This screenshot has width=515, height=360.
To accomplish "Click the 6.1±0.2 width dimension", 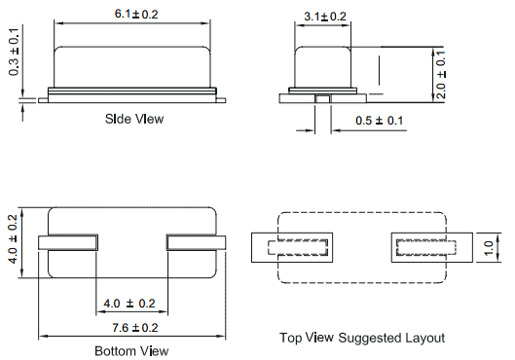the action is [136, 15].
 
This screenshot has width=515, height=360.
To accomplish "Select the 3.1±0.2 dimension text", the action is [325, 17].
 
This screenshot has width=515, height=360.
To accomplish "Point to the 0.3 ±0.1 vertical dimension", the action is [15, 52].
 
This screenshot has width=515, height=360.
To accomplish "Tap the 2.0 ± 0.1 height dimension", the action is [441, 75].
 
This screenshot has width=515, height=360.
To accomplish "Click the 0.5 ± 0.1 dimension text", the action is [379, 121].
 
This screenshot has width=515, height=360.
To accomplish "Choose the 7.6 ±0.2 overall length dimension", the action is [135, 328].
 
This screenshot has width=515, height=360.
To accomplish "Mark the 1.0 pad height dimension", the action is [489, 248].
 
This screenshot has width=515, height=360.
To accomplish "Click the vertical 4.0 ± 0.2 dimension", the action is [13, 239].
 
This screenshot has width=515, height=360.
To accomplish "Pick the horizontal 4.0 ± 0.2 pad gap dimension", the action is [129, 304].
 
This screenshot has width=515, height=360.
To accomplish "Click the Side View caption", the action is [134, 119].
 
